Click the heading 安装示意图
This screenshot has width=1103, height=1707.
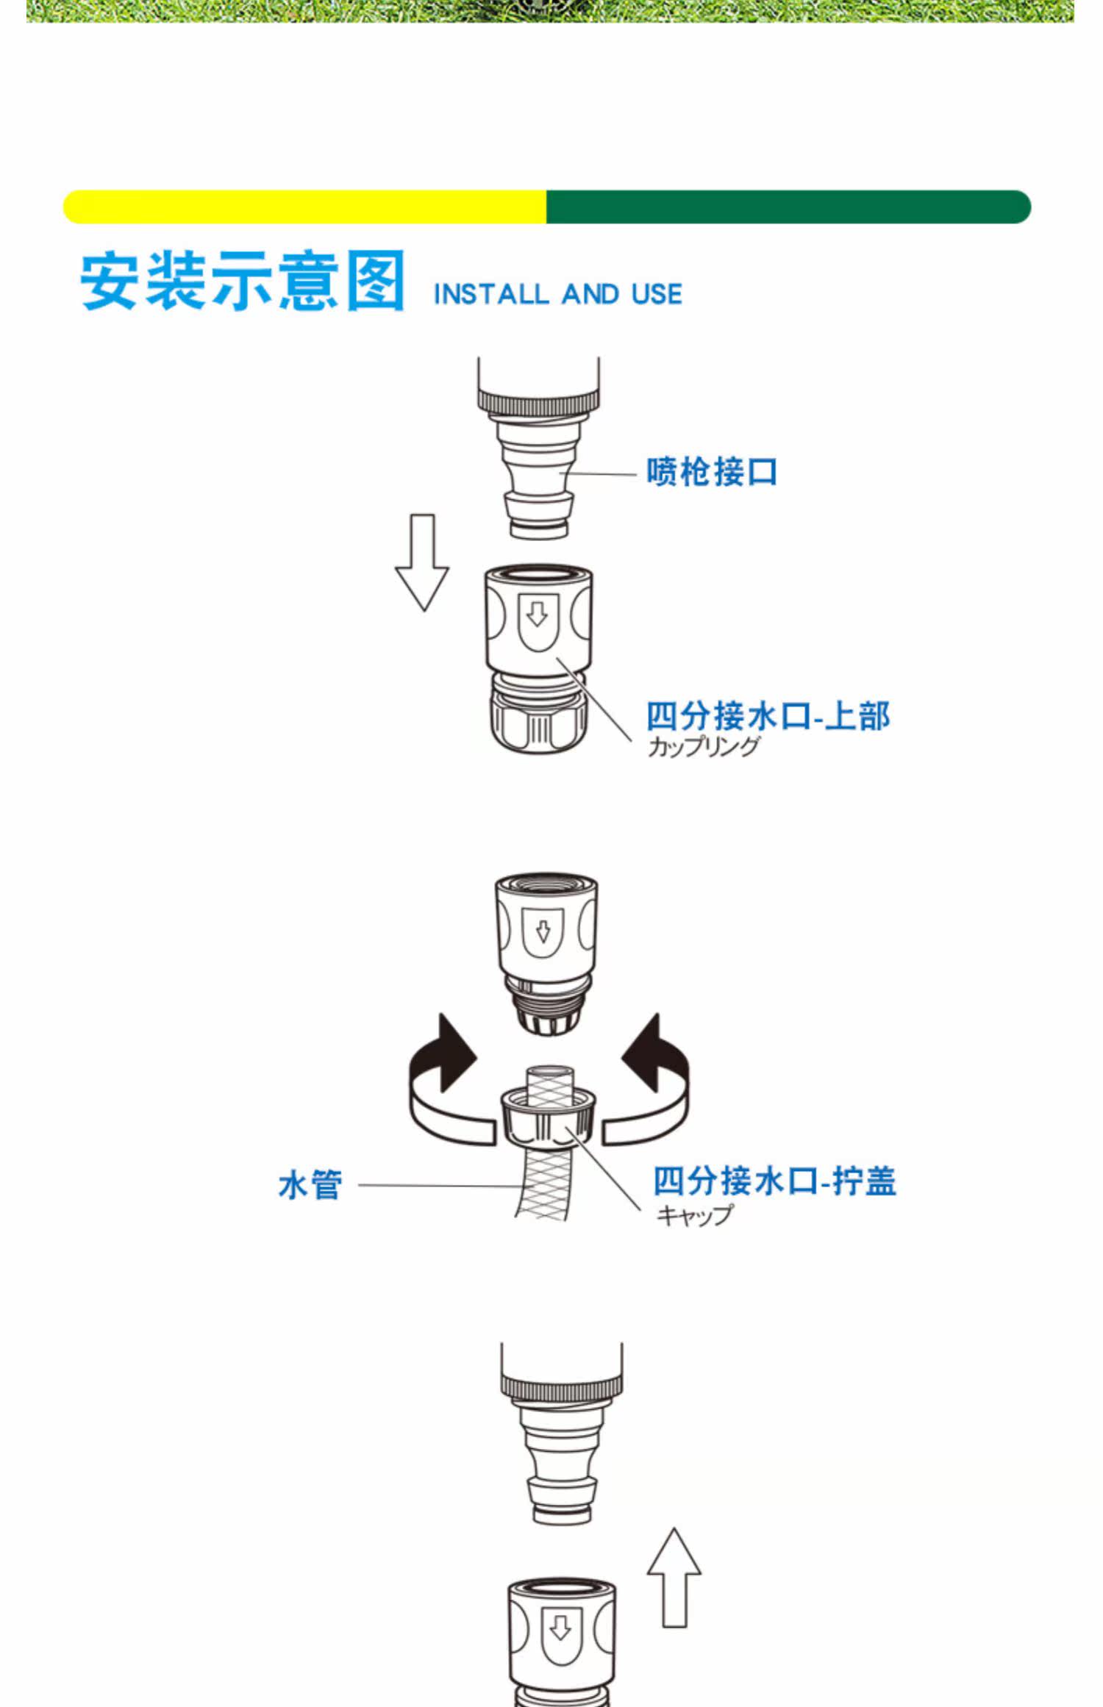point(243,281)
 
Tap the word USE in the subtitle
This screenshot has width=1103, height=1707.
point(657,295)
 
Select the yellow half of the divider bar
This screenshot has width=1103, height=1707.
point(304,207)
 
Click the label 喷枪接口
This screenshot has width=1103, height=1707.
point(711,472)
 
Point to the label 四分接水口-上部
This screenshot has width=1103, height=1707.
point(768,715)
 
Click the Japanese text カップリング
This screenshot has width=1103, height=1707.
point(703,747)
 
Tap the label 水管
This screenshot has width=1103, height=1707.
point(310,1185)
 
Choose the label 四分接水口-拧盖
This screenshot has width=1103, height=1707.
point(774,1181)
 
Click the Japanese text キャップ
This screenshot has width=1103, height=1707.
point(694,1215)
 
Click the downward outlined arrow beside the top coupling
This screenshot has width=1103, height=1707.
point(422,562)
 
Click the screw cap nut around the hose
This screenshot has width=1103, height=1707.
point(548,1120)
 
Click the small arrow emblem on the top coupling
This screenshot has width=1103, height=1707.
point(538,616)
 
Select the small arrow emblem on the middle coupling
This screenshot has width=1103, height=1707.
point(543,932)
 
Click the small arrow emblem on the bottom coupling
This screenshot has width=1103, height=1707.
point(560,1631)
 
